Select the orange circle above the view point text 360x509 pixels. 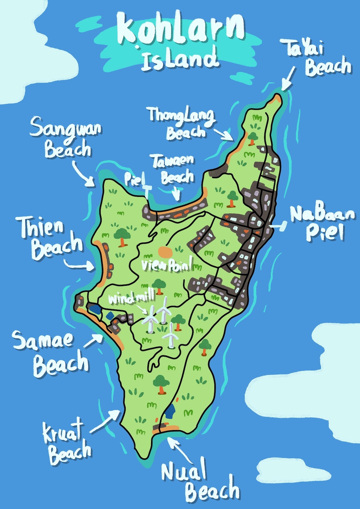(164, 252)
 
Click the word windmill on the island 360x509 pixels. (132, 297)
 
